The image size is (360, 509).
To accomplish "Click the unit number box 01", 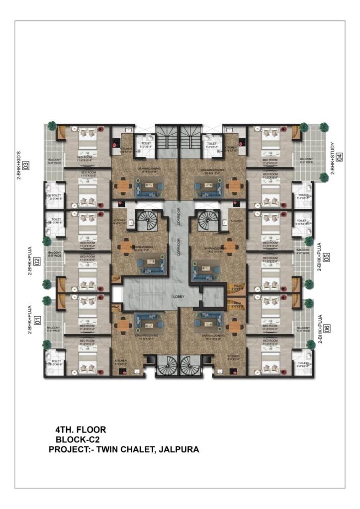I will pos(33,317).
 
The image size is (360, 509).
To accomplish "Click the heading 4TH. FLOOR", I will pos(81,429).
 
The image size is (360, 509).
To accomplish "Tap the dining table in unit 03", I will pos(122,186).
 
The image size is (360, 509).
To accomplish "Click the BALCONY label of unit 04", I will pos(306,160).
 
